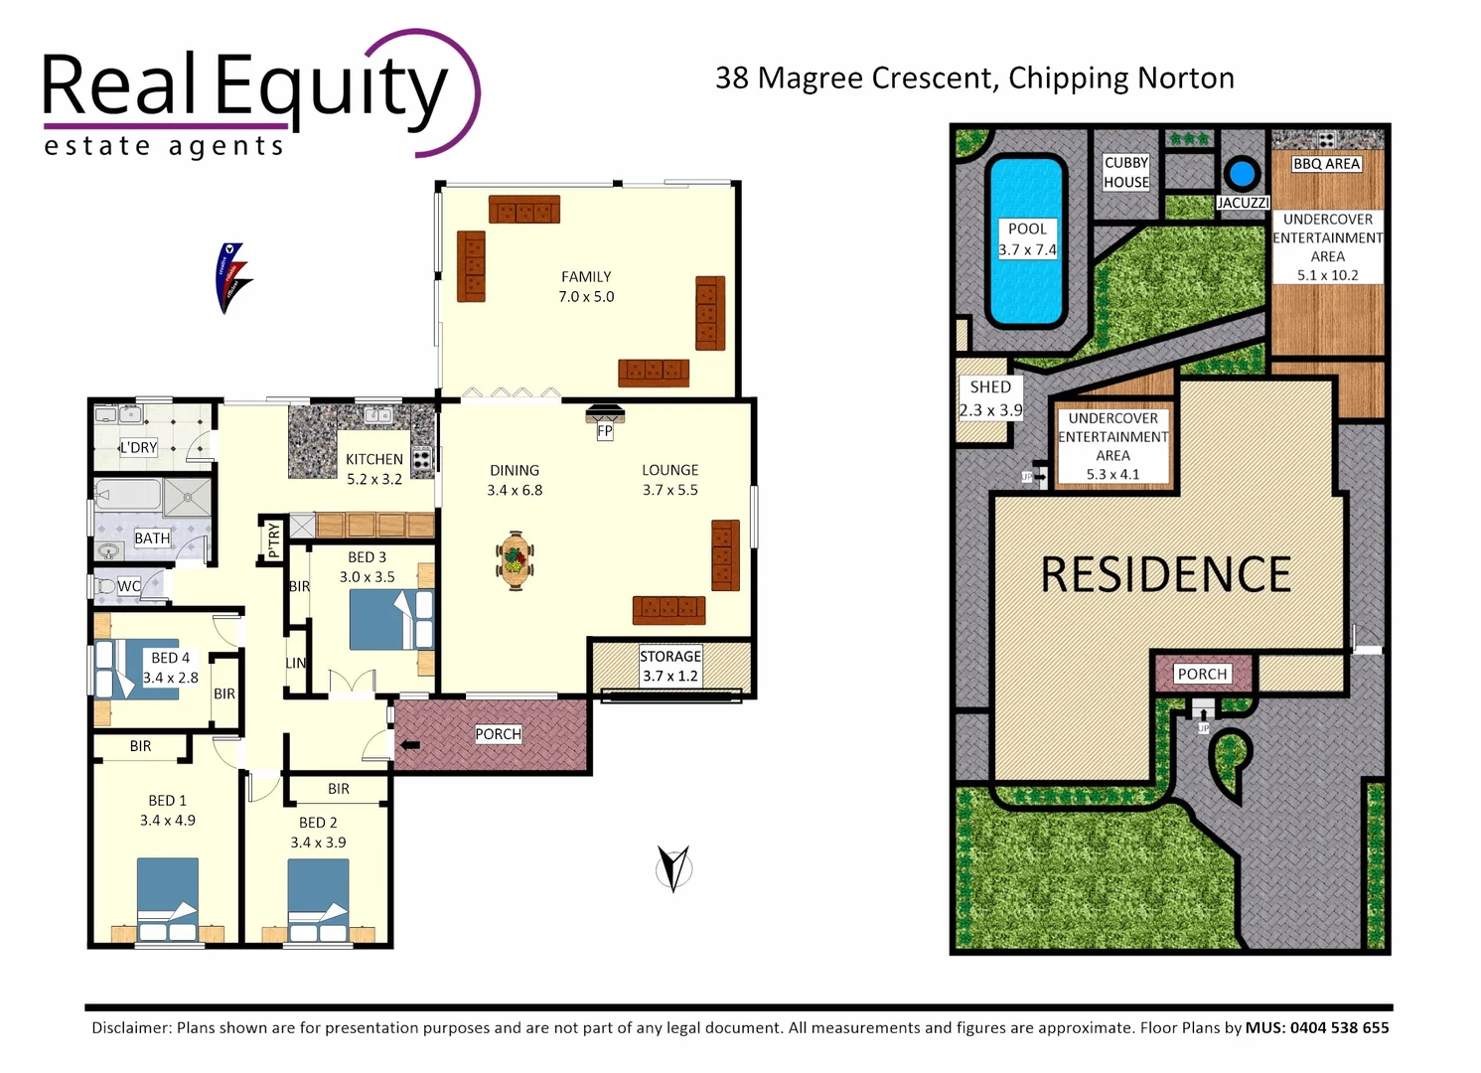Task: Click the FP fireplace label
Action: click(605, 431)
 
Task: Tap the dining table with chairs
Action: click(515, 561)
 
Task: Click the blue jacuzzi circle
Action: click(1241, 174)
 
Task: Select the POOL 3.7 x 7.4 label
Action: click(1027, 239)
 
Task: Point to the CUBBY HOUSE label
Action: click(1126, 172)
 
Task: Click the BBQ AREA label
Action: click(1326, 164)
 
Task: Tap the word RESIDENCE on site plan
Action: click(1166, 575)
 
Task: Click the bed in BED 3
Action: click(391, 620)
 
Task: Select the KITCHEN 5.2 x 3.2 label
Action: click(374, 469)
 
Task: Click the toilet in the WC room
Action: click(105, 586)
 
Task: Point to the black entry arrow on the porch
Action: click(409, 744)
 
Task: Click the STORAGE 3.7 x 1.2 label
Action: click(670, 666)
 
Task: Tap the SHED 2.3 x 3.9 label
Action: click(990, 397)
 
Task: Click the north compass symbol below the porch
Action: click(673, 868)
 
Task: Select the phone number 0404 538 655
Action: click(1339, 1027)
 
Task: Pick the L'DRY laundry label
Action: click(138, 447)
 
